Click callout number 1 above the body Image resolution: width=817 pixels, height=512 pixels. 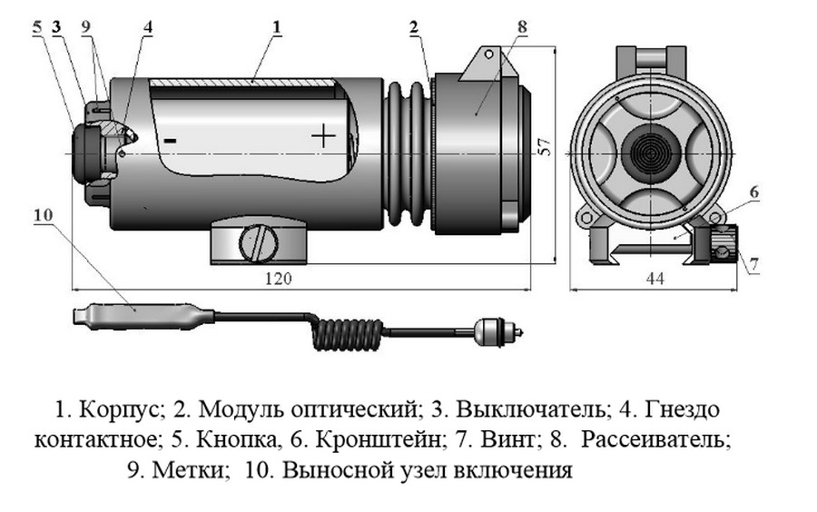(274, 27)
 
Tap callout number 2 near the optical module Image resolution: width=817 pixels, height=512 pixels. (413, 27)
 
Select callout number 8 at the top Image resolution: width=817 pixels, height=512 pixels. (521, 27)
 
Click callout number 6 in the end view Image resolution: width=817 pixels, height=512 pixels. (754, 192)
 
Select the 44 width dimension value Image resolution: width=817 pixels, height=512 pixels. (655, 280)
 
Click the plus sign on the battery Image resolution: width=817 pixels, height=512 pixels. (322, 137)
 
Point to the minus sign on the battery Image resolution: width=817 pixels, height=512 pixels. (170, 141)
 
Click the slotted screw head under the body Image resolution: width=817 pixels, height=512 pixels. (257, 243)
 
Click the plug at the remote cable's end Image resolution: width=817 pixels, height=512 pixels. (495, 332)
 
